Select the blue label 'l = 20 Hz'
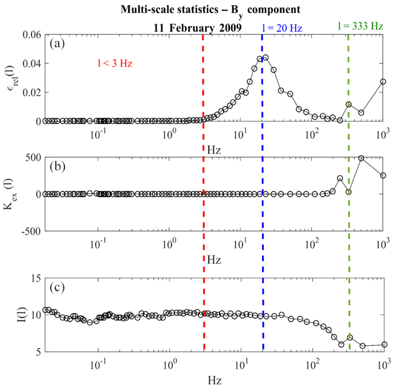click(281, 27)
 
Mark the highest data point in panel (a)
click(266, 58)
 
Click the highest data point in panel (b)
click(361, 158)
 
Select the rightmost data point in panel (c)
click(384, 344)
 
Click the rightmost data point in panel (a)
click(383, 82)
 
